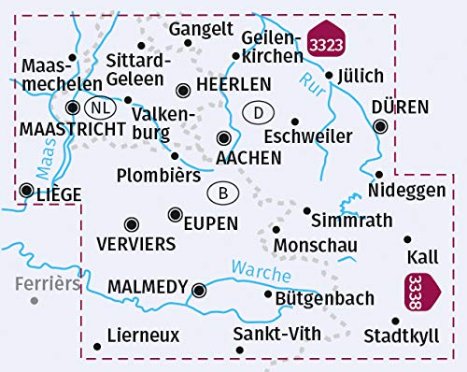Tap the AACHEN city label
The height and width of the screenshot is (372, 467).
click(x=248, y=158)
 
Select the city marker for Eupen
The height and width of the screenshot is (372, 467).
click(x=175, y=215)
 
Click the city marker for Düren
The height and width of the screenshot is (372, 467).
click(x=380, y=126)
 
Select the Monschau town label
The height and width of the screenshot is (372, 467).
click(x=312, y=245)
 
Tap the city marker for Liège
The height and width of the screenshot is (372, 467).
click(x=25, y=192)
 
